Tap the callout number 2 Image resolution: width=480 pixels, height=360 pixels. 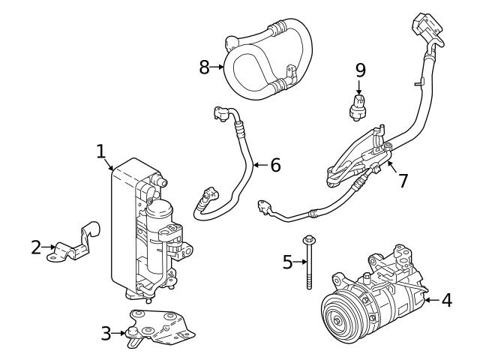[x=36, y=247]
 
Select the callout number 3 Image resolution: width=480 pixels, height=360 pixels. [x=106, y=332]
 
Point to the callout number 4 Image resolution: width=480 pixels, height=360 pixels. [x=446, y=301]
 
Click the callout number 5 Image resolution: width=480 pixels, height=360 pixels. [x=288, y=262]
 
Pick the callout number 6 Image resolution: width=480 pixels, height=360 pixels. [x=275, y=165]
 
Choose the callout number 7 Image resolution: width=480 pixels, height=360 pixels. [x=403, y=181]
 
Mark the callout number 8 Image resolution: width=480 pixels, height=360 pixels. [x=204, y=67]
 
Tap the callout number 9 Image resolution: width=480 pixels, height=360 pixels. [x=361, y=70]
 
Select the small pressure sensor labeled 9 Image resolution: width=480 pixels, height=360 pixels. [x=358, y=106]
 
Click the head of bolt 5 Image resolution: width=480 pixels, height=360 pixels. [x=308, y=240]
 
